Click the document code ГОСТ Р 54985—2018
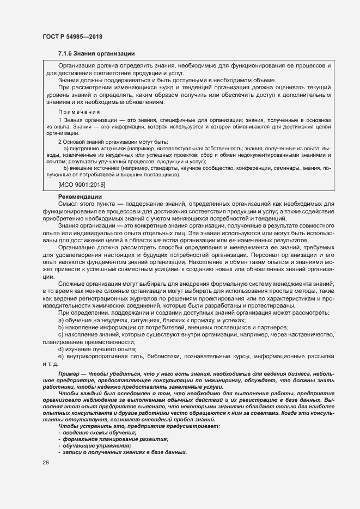(x=72, y=36)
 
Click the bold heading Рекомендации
(x=80, y=196)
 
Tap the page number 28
(x=45, y=463)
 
